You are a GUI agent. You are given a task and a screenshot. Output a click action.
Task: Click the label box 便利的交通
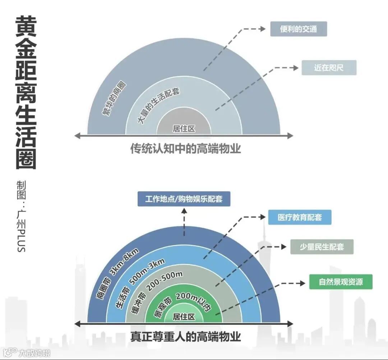click(299, 29)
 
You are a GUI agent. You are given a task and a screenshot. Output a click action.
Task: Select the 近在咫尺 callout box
click(329, 68)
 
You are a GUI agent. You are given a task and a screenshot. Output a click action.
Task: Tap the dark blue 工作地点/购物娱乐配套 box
click(184, 199)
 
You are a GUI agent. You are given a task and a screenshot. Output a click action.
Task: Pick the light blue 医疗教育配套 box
click(300, 217)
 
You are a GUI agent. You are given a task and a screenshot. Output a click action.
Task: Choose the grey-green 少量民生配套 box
click(322, 247)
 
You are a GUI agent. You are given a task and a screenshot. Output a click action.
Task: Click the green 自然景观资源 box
click(341, 282)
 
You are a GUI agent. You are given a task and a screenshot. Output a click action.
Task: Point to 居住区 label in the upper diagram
click(184, 129)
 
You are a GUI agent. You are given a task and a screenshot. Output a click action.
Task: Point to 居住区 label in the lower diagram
click(184, 317)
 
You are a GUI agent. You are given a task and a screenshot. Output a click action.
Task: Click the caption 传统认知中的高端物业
click(185, 149)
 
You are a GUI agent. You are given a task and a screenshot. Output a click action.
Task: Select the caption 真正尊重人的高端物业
click(185, 337)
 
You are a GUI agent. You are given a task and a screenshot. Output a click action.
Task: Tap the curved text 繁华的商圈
click(114, 99)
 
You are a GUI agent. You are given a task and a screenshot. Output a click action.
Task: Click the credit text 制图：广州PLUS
click(21, 216)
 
